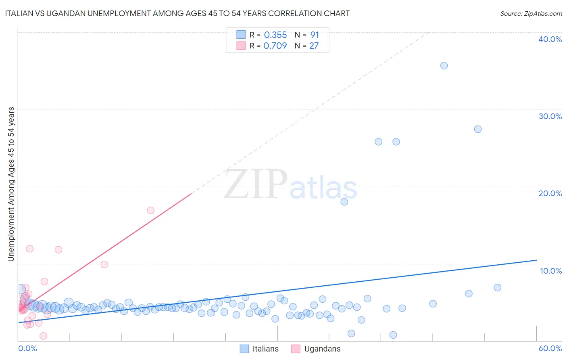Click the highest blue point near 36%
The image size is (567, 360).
[444, 65]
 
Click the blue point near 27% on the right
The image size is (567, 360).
[477, 129]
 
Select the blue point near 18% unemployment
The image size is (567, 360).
[344, 202]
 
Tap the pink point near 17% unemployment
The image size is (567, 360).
[150, 210]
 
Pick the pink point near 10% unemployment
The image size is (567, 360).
[104, 264]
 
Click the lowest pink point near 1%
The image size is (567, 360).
[43, 336]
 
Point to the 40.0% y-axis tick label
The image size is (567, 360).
[550, 39]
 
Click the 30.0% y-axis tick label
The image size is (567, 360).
[550, 116]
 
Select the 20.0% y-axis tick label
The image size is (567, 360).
[550, 193]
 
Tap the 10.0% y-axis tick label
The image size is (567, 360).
[551, 271]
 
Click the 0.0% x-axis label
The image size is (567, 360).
[27, 348]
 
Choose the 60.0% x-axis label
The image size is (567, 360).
[550, 348]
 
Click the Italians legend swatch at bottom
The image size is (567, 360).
[244, 349]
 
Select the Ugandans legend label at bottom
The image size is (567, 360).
[322, 349]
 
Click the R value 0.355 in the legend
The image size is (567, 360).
[275, 35]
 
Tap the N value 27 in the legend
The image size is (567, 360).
[314, 46]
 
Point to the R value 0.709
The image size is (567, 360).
[275, 46]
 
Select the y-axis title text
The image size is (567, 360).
[11, 184]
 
